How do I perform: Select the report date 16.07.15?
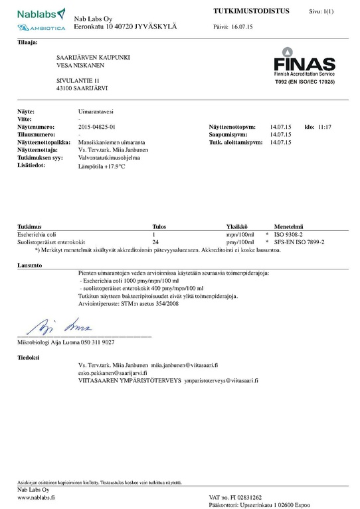[x=242, y=27]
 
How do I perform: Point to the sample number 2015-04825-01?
[x=97, y=126]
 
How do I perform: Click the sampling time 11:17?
[x=323, y=126]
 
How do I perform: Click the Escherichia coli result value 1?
[x=154, y=235]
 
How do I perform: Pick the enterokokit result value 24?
[x=155, y=243]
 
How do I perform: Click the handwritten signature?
[x=57, y=328]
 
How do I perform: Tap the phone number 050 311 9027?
[x=98, y=342]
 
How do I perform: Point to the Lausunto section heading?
[x=29, y=265]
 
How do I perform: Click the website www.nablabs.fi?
[x=36, y=497]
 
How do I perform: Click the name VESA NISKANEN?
[x=81, y=65]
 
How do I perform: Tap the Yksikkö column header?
[x=237, y=226]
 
